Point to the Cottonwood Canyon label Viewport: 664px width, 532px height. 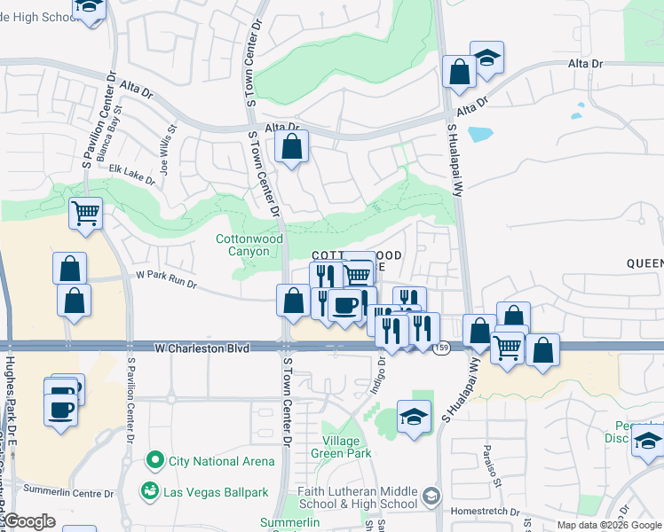249,245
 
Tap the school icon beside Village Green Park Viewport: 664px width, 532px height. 414,416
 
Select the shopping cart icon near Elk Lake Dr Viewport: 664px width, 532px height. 85,213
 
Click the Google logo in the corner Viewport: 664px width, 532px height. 29,520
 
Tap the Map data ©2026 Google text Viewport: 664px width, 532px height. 608,525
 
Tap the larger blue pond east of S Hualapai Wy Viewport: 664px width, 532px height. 479,135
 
